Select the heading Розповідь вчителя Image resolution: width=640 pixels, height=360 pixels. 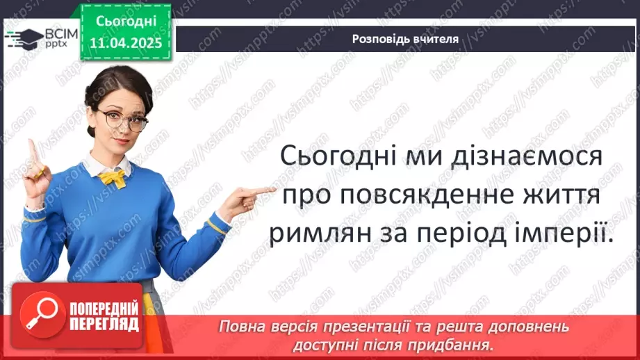[x=405, y=39]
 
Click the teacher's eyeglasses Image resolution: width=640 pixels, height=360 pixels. [x=124, y=120]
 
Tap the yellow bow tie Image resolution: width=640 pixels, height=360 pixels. [x=113, y=179]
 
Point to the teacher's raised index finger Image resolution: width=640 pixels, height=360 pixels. [x=31, y=149]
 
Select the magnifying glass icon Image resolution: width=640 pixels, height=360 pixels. [x=40, y=313]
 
